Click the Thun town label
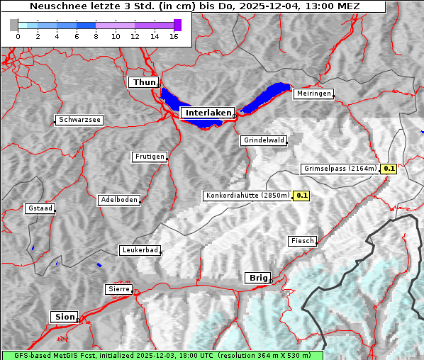click(144, 82)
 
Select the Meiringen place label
click(313, 94)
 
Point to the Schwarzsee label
click(79, 120)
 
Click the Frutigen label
click(149, 157)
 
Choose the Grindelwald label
click(264, 140)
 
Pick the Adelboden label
click(118, 200)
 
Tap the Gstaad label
click(40, 208)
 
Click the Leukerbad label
click(139, 250)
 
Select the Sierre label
click(118, 289)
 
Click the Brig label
click(256, 278)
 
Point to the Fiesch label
click(302, 241)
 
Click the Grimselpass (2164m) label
click(340, 169)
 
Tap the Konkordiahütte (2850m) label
click(247, 195)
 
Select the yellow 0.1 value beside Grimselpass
click(389, 169)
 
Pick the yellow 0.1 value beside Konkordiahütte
click(302, 195)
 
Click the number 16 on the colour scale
click(174, 36)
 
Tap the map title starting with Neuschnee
click(194, 6)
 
